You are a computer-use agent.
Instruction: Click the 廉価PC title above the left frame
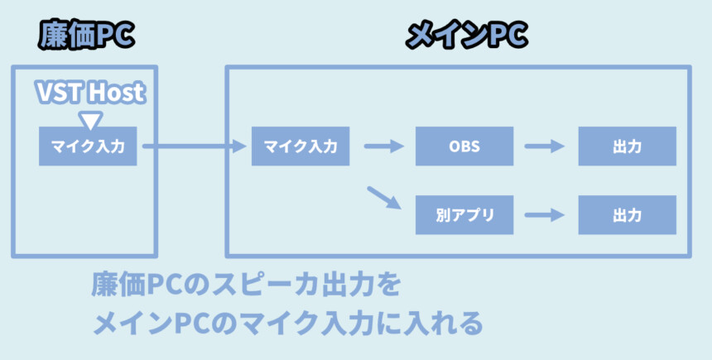(86, 36)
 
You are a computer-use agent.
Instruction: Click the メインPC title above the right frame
(467, 36)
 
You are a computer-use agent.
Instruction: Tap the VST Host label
(90, 92)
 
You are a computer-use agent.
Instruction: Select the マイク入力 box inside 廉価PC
(87, 146)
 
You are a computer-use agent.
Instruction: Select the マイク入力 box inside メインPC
(301, 146)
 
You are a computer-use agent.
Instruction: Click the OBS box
(464, 146)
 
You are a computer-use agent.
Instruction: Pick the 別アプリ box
(464, 215)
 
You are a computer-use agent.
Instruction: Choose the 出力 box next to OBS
(627, 146)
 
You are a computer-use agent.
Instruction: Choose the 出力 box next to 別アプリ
(627, 215)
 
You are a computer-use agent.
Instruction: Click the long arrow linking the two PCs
(195, 146)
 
